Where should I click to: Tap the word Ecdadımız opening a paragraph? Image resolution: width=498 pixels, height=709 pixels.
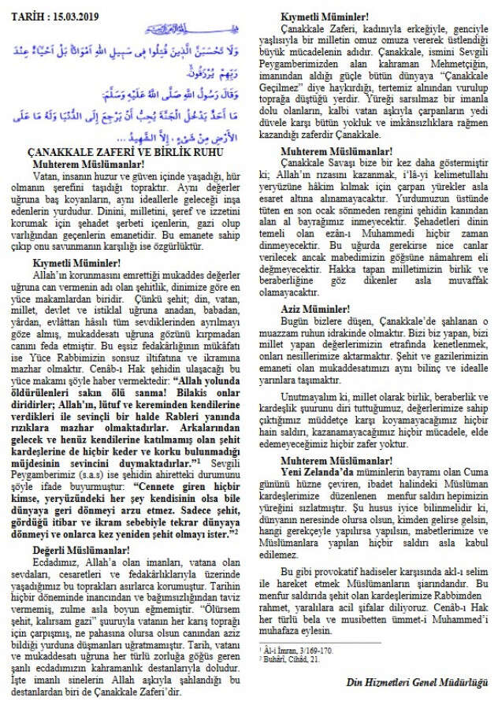[53, 560]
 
